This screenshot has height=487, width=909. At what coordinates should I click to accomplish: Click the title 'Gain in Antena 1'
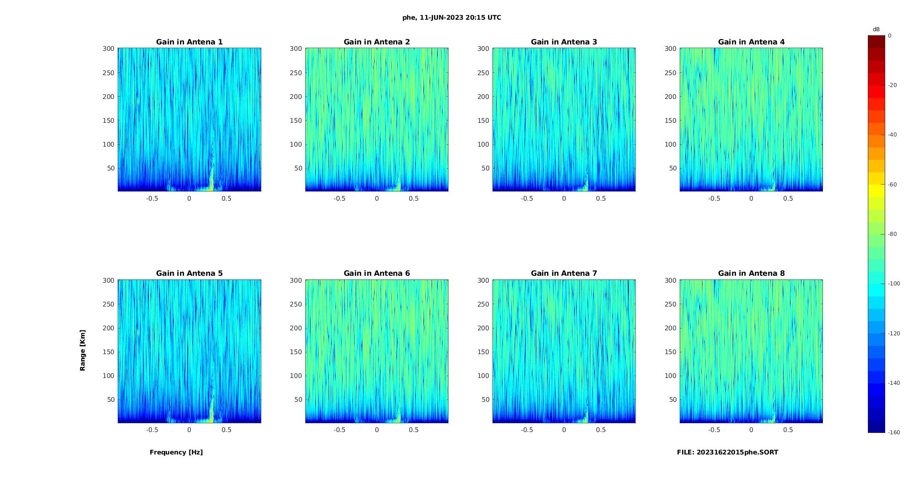pyautogui.click(x=189, y=42)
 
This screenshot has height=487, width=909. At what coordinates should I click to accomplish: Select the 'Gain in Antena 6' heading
pyautogui.click(x=377, y=274)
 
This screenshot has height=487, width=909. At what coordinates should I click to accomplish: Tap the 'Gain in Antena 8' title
pyautogui.click(x=751, y=274)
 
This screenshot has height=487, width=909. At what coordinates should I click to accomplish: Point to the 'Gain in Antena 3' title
pyautogui.click(x=564, y=42)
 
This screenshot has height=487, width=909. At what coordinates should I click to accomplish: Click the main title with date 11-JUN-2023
pyautogui.click(x=451, y=17)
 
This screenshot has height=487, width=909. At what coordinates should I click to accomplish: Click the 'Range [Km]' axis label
pyautogui.click(x=82, y=350)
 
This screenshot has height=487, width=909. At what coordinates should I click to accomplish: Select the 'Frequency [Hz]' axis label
pyautogui.click(x=176, y=452)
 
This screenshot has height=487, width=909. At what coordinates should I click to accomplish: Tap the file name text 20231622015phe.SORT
pyautogui.click(x=727, y=452)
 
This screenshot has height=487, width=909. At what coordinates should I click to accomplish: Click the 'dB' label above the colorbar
pyautogui.click(x=876, y=29)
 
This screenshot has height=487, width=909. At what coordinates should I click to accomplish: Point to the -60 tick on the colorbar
pyautogui.click(x=892, y=185)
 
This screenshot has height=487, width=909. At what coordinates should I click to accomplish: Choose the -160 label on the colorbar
pyautogui.click(x=893, y=432)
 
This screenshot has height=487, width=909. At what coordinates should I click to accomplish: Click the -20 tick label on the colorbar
pyautogui.click(x=892, y=85)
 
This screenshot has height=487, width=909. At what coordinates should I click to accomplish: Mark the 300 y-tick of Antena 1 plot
pyautogui.click(x=108, y=49)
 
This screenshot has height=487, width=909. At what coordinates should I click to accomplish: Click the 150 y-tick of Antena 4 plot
pyautogui.click(x=670, y=120)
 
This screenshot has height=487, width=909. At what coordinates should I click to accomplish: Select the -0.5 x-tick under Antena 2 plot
pyautogui.click(x=339, y=198)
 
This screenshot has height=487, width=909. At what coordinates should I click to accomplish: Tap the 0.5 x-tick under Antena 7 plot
pyautogui.click(x=601, y=430)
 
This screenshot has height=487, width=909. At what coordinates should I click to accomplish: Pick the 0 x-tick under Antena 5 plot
pyautogui.click(x=189, y=430)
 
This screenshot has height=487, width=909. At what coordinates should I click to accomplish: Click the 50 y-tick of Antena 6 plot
pyautogui.click(x=298, y=399)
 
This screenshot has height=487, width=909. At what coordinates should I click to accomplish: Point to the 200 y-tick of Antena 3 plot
pyautogui.click(x=483, y=97)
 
